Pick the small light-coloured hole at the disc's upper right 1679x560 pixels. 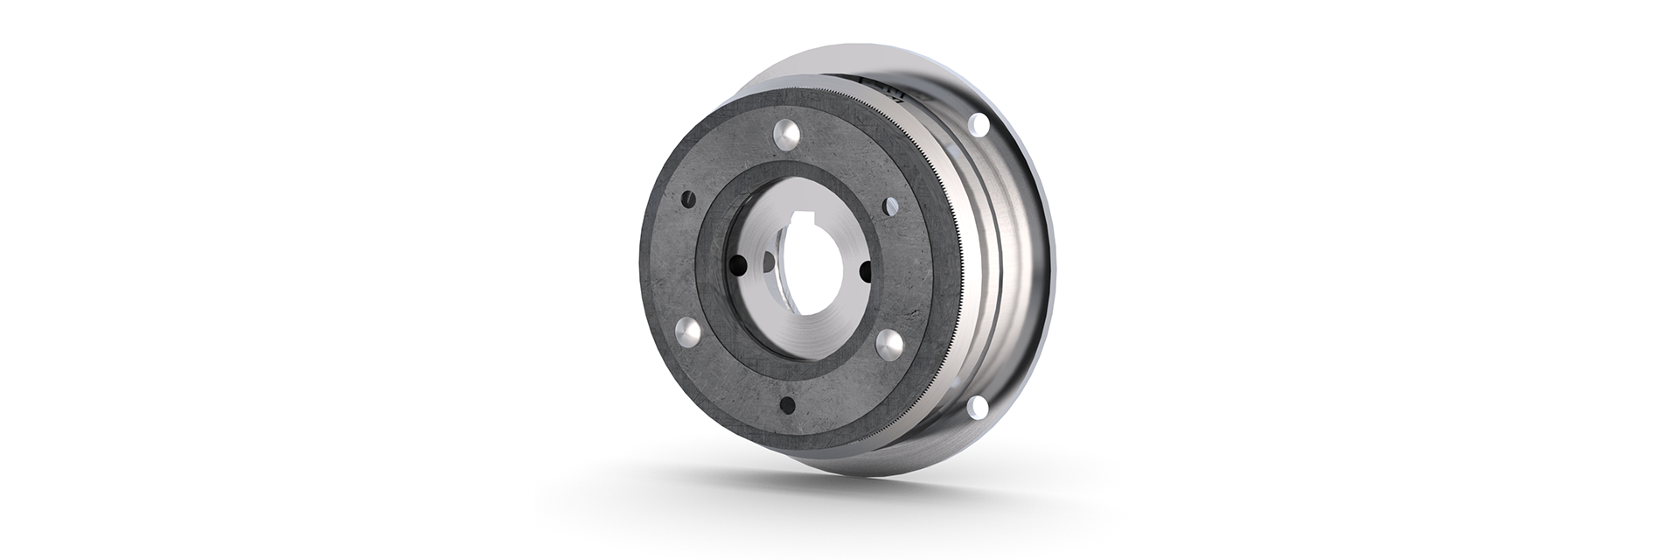891,207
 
